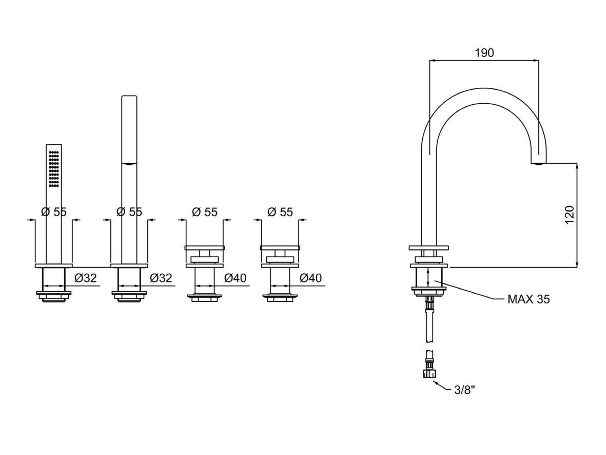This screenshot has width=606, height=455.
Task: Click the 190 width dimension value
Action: coord(484,53)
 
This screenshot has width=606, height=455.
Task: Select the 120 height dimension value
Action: coord(569,216)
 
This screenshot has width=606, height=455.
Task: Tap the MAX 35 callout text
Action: coord(528,299)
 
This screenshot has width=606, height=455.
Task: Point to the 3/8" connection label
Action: coord(465,390)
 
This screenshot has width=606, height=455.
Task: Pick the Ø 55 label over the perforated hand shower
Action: coord(53,212)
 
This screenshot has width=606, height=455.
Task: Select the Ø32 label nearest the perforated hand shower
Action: coord(85,278)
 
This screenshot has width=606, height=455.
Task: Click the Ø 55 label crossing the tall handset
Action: coord(129,212)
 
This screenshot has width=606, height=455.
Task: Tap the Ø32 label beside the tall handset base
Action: coord(161,278)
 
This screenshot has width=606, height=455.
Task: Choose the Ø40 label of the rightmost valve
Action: coord(310,278)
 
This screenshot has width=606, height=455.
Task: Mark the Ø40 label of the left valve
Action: coord(235,278)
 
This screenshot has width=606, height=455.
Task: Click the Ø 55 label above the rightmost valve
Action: coord(280,212)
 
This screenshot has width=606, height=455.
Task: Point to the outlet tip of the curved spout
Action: coord(538,163)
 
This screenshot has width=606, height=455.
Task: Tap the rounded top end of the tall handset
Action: coord(129,97)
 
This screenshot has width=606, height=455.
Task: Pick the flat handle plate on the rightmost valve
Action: coord(280,248)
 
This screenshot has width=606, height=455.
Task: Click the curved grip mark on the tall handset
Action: coord(129,164)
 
